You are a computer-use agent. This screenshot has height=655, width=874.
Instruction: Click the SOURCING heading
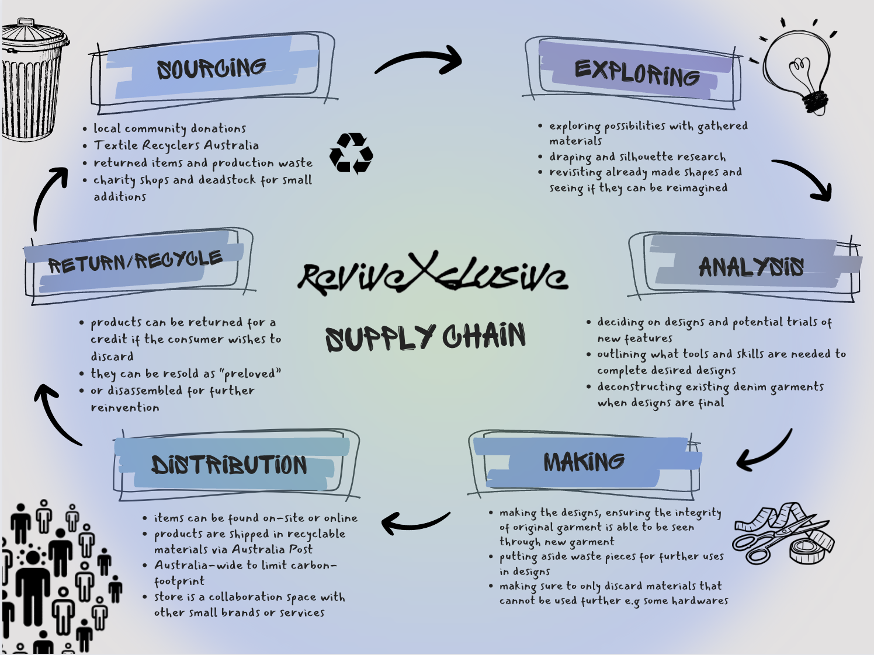[211, 69]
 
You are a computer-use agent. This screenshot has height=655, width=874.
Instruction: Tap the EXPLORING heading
[637, 74]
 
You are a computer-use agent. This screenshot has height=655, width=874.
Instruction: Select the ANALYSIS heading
[751, 267]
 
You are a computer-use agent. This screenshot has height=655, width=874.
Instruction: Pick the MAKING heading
[584, 462]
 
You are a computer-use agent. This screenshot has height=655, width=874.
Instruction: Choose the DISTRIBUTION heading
[229, 465]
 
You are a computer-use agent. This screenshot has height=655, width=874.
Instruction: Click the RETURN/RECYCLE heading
[135, 261]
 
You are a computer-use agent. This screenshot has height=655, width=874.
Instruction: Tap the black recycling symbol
[351, 154]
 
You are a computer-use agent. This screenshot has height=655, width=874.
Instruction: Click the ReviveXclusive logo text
[432, 274]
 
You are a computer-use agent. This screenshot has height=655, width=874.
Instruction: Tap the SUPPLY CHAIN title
[425, 337]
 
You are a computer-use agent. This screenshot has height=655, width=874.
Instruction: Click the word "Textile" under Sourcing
[116, 145]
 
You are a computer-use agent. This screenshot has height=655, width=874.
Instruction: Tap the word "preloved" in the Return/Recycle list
[251, 374]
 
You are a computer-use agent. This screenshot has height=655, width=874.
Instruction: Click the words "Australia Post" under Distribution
[272, 549]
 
